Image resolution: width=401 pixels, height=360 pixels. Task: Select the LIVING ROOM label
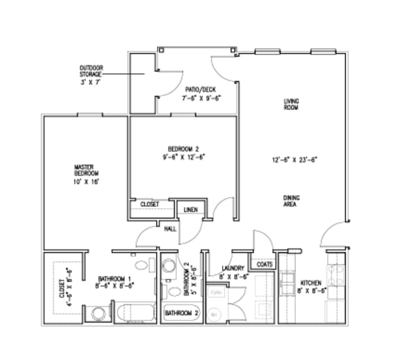[291, 104]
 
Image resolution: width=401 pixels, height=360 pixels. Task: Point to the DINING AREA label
[292, 201]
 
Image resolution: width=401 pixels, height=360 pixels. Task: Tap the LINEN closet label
[189, 210]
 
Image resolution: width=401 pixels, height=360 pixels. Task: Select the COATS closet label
[265, 265]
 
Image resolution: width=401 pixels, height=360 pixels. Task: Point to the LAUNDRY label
[232, 268]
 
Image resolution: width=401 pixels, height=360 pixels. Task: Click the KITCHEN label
[310, 283]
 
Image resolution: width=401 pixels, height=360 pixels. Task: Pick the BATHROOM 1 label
[114, 278]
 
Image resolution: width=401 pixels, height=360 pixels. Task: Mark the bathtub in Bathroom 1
[136, 313]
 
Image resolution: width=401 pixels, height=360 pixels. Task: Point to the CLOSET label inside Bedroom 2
[150, 205]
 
